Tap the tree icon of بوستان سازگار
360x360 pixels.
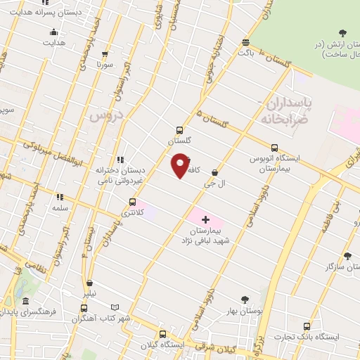pyautogui.click(x=347, y=257)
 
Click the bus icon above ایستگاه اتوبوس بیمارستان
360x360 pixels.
pyautogui.click(x=274, y=148)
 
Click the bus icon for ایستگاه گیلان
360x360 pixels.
pyautogui.click(x=162, y=335)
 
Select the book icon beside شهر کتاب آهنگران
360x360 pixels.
pyautogui.click(x=116, y=308)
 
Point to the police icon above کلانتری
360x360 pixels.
pyautogui.click(x=132, y=202)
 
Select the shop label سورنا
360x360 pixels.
pyautogui.click(x=105, y=63)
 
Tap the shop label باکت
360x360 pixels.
pyautogui.click(x=245, y=52)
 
